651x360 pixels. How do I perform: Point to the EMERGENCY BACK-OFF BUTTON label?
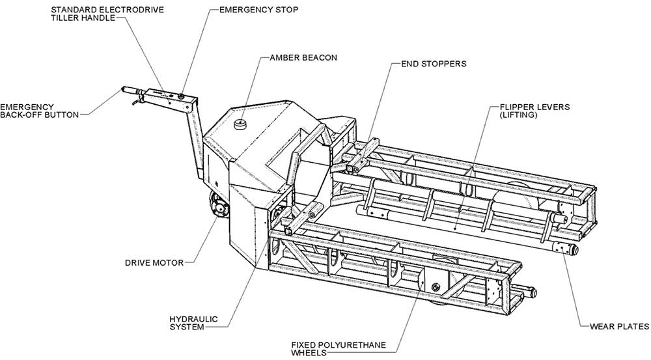point(39,110)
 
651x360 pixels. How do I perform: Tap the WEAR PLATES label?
point(619,326)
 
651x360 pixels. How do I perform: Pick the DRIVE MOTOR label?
point(154,263)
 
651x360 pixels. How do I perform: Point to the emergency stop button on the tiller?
point(180,96)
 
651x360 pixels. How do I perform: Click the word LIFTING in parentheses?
point(519,115)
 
